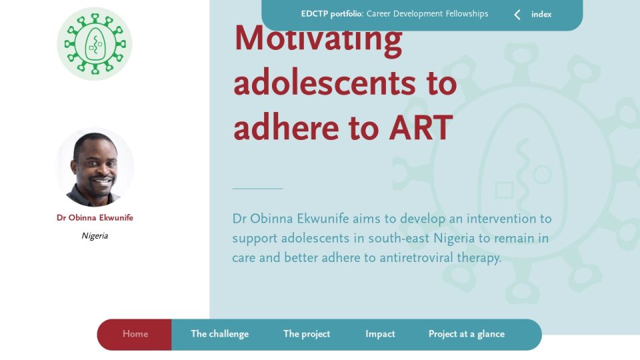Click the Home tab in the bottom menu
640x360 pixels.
(x=135, y=334)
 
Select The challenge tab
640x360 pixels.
(x=219, y=334)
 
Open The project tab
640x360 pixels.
(x=307, y=334)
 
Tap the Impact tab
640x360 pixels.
(x=380, y=334)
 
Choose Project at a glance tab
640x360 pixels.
(x=467, y=334)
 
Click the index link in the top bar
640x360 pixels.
(x=541, y=14)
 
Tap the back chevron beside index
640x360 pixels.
(x=517, y=15)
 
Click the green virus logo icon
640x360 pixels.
(x=95, y=44)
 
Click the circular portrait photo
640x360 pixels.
(x=95, y=167)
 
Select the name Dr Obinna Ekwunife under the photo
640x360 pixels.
(x=95, y=217)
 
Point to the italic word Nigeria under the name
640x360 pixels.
(x=95, y=236)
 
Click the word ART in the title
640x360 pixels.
(x=421, y=128)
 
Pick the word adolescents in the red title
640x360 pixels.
(x=325, y=83)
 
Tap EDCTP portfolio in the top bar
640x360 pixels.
(x=332, y=14)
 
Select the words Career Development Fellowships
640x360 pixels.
(x=427, y=14)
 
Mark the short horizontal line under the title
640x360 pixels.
(x=257, y=189)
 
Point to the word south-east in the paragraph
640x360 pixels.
(x=399, y=239)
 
